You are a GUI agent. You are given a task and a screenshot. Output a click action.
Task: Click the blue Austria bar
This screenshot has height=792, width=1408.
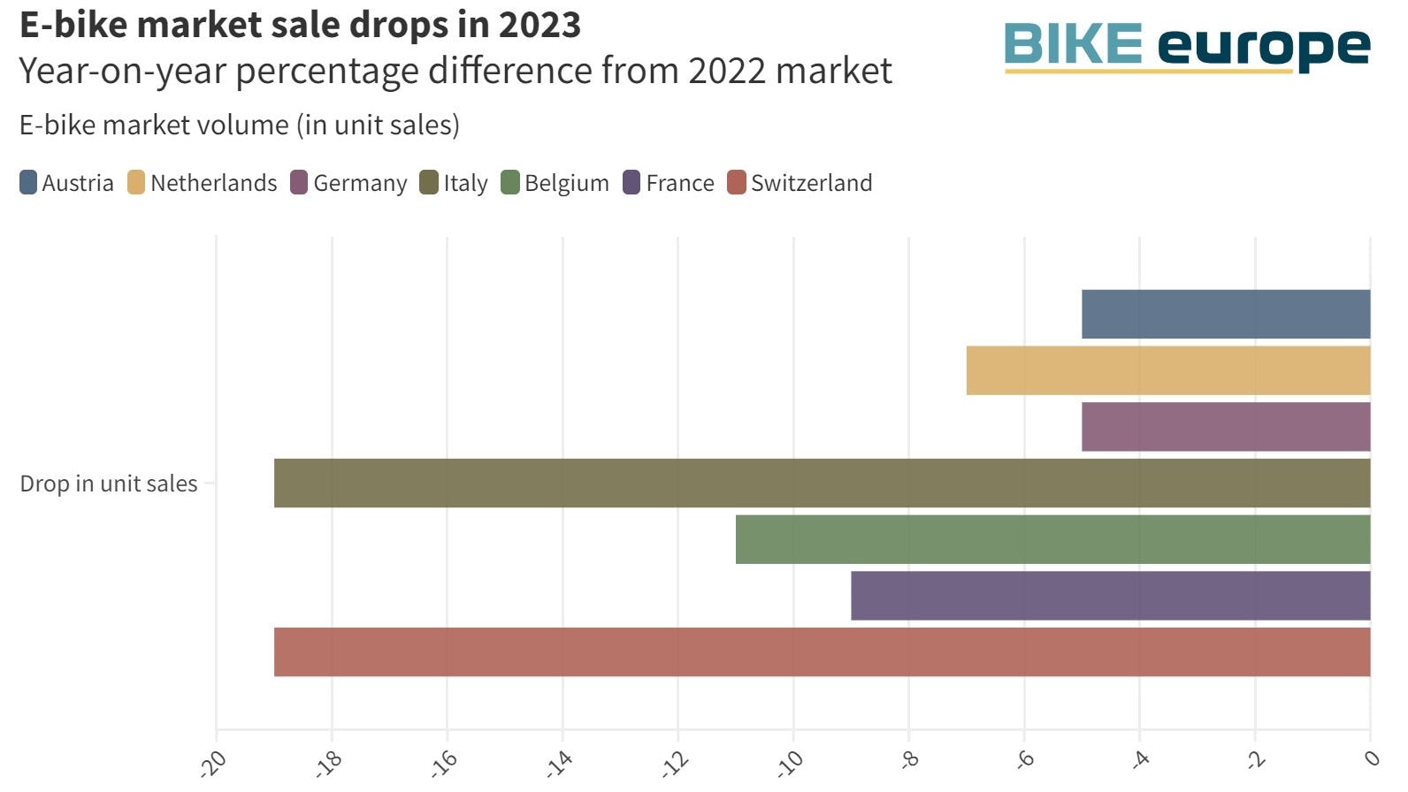pyautogui.click(x=1225, y=314)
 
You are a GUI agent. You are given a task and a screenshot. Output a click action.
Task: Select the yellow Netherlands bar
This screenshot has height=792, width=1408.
pyautogui.click(x=1167, y=370)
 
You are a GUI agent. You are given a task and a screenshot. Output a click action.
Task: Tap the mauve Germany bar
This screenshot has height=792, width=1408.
pyautogui.click(x=1225, y=427)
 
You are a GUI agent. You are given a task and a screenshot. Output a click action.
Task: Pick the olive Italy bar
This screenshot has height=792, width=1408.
pyautogui.click(x=822, y=483)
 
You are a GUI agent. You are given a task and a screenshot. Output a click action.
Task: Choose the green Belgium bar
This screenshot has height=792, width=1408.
pyautogui.click(x=1052, y=539)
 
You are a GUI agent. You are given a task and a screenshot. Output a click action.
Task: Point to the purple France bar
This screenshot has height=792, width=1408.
pyautogui.click(x=1110, y=596)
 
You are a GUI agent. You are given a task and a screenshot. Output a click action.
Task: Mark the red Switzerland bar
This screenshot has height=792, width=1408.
pyautogui.click(x=822, y=652)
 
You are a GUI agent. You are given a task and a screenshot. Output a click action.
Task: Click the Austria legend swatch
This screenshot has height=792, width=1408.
pyautogui.click(x=28, y=183)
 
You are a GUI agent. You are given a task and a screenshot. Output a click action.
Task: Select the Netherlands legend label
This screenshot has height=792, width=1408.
pyautogui.click(x=213, y=183)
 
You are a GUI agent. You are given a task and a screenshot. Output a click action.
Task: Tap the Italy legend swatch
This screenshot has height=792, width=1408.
pyautogui.click(x=429, y=183)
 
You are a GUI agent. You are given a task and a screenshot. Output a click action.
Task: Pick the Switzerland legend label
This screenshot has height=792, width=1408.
pyautogui.click(x=811, y=183)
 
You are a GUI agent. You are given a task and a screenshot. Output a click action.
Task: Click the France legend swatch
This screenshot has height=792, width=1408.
pyautogui.click(x=631, y=183)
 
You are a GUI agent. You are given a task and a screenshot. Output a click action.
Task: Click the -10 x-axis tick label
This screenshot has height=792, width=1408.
pyautogui.click(x=790, y=762)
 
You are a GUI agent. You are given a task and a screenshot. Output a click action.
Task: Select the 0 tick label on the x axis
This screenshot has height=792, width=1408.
pyautogui.click(x=1371, y=758)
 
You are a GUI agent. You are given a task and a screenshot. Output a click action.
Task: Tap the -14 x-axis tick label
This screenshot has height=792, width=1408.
pyautogui.click(x=559, y=762)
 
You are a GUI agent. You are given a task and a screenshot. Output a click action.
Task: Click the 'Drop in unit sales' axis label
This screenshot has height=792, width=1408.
pyautogui.click(x=109, y=484)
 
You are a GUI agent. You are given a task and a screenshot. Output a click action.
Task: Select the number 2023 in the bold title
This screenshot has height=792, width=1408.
pyautogui.click(x=539, y=25)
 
